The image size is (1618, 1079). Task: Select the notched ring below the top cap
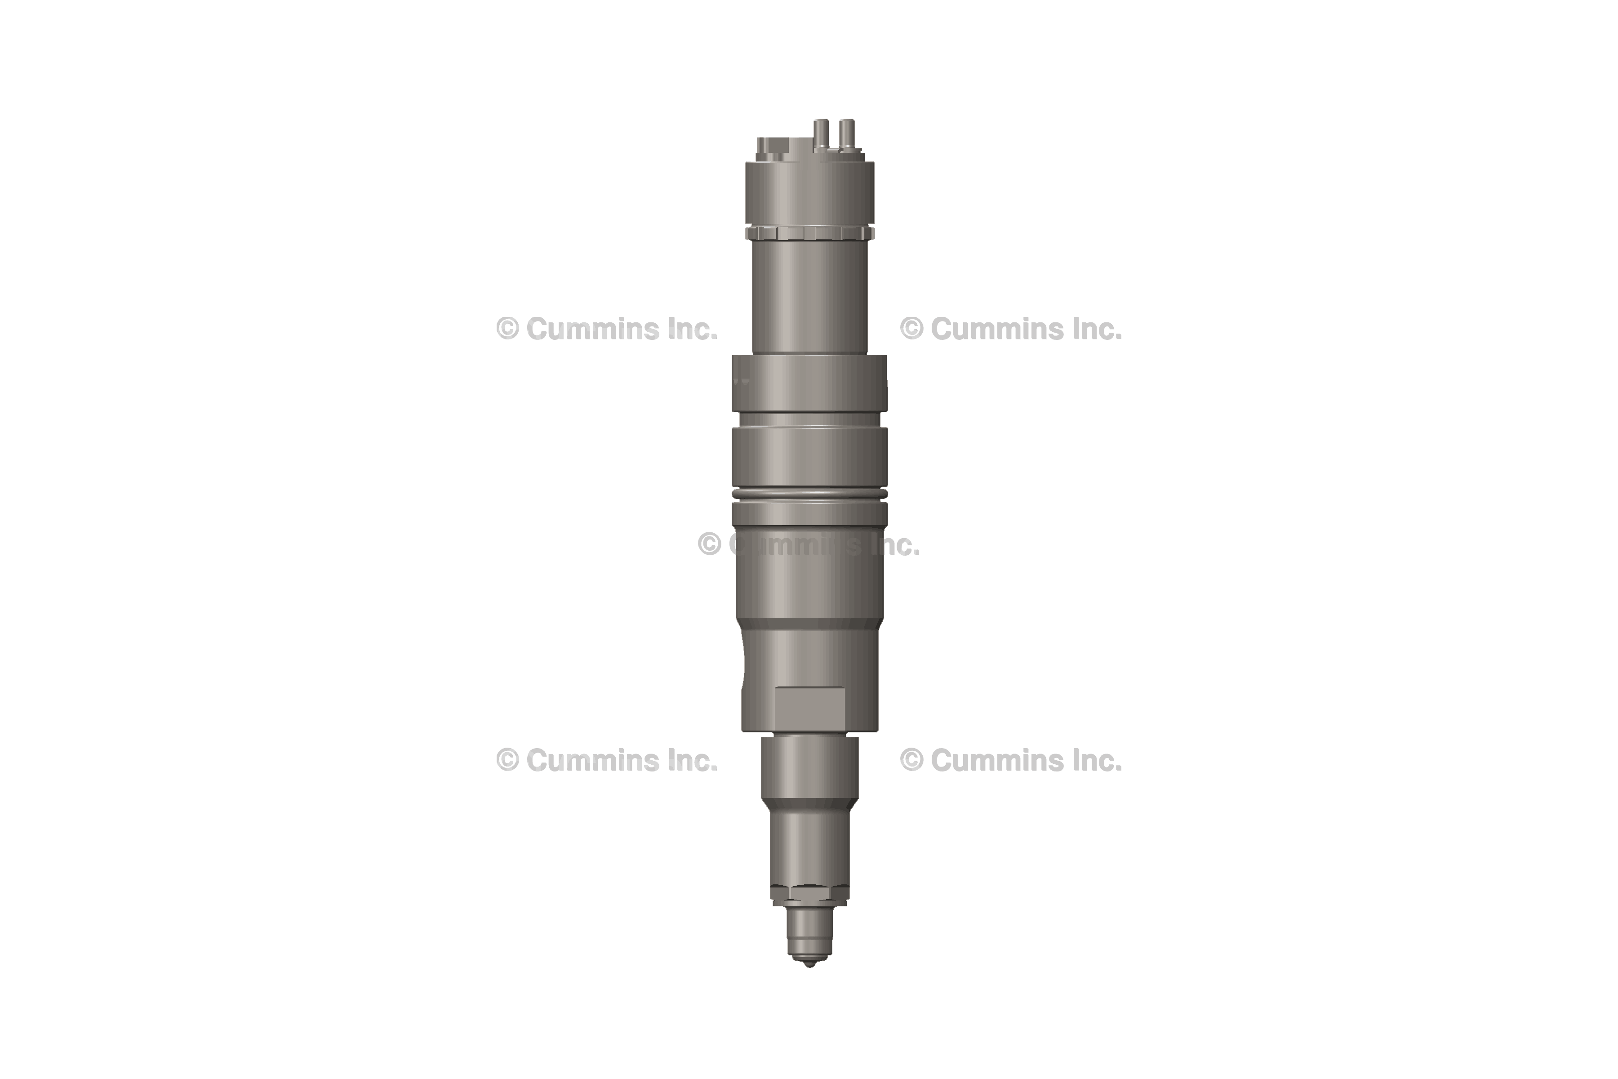[x=810, y=232]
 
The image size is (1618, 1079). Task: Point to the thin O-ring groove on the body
[x=810, y=494]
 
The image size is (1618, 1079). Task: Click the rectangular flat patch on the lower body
[x=810, y=709]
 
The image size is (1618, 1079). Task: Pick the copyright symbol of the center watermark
[x=709, y=544]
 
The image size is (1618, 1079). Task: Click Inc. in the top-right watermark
[x=1096, y=329]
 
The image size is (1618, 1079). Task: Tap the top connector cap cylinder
[x=810, y=192]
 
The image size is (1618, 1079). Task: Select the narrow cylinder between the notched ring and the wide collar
[x=810, y=296]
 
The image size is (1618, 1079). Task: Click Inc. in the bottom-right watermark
[x=1096, y=761]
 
